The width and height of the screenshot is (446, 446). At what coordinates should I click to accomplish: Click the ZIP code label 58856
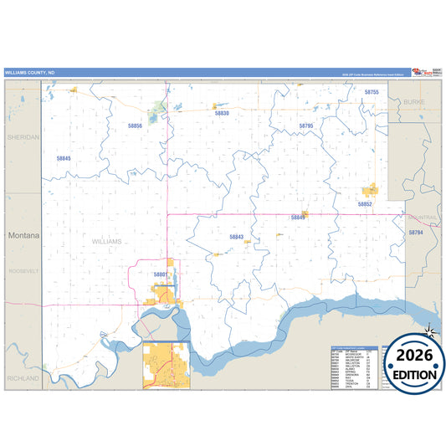pyautogui.click(x=136, y=126)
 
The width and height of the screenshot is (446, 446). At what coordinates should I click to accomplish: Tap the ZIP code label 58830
pyautogui.click(x=222, y=112)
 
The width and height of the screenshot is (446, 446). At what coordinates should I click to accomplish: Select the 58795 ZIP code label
pyautogui.click(x=305, y=126)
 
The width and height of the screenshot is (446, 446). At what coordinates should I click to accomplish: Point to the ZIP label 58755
pyautogui.click(x=372, y=91)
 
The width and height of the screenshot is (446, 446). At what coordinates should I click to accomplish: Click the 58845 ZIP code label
pyautogui.click(x=64, y=158)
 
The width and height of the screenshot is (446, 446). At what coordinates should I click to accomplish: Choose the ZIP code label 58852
pyautogui.click(x=365, y=203)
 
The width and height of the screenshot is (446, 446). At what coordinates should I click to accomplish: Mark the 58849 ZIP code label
pyautogui.click(x=298, y=218)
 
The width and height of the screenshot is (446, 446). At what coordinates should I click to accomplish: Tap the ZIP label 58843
pyautogui.click(x=236, y=237)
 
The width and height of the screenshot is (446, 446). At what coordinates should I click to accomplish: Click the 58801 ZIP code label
pyautogui.click(x=161, y=274)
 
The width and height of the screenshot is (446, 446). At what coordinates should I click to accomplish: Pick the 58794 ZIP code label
pyautogui.click(x=416, y=232)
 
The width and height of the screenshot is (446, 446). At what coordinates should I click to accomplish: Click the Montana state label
pyautogui.click(x=23, y=236)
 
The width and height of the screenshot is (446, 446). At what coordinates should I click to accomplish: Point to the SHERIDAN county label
pyautogui.click(x=23, y=136)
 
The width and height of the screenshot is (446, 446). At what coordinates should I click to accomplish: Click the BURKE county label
pyautogui.click(x=414, y=100)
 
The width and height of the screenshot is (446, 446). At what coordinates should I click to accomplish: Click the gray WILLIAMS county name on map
pyautogui.click(x=106, y=241)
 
